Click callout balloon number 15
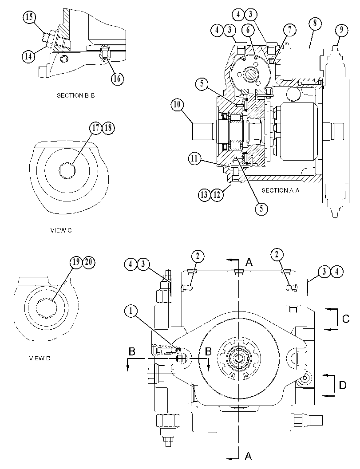pyautogui.click(x=29, y=17)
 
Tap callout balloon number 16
pyautogui.click(x=117, y=79)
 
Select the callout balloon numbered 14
pyautogui.click(x=28, y=56)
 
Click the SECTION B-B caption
pyautogui.click(x=76, y=96)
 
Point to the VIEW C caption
pyautogui.click(x=61, y=230)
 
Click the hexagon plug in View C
pyautogui.click(x=67, y=170)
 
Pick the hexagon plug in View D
pyautogui.click(x=46, y=308)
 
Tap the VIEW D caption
pyautogui.click(x=40, y=359)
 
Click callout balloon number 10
pyautogui.click(x=178, y=105)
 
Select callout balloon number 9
pyautogui.click(x=341, y=30)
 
